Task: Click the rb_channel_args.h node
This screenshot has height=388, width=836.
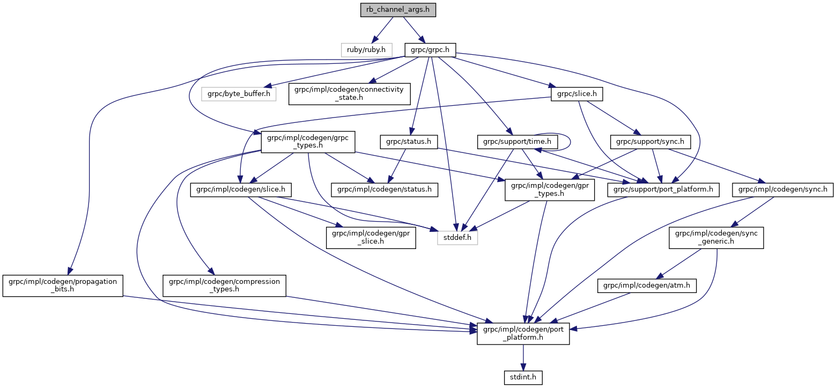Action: [x=397, y=10]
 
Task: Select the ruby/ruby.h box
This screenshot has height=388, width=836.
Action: [x=367, y=49]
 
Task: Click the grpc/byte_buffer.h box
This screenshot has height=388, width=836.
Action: [x=239, y=94]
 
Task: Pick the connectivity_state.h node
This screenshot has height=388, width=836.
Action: [x=350, y=94]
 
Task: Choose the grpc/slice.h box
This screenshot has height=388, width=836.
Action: [x=577, y=94]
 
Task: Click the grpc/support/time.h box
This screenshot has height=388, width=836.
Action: [x=517, y=142]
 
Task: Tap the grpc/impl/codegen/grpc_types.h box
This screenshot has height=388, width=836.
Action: [x=305, y=142]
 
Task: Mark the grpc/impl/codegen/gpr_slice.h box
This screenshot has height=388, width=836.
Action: [x=371, y=237]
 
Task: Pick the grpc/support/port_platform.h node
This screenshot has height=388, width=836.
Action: [x=663, y=189]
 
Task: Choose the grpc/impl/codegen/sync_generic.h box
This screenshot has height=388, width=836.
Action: [x=716, y=237]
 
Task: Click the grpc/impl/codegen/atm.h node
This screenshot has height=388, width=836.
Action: [x=647, y=287]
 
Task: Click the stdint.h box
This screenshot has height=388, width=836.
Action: [x=523, y=378]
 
